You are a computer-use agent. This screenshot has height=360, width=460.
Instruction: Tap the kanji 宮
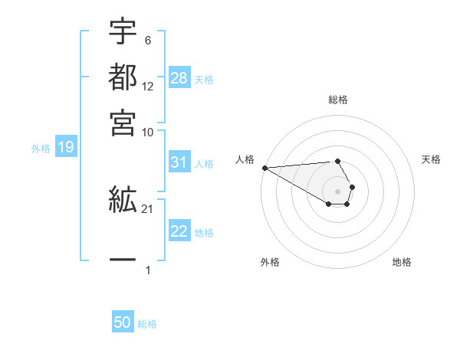pos(123,122)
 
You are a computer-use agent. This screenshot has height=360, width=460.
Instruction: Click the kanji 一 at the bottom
pos(123,261)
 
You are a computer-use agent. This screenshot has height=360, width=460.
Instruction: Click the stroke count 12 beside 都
pos(148,86)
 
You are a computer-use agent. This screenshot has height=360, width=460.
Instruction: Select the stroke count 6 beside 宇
pos(147,40)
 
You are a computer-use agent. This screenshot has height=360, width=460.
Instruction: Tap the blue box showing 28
pos(179,78)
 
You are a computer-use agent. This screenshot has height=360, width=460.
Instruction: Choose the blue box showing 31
pos(179,162)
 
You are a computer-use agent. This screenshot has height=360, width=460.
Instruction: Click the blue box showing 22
pos(179,231)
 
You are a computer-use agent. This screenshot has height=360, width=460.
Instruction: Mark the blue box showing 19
pos(65,147)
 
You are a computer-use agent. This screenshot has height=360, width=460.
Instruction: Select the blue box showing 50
pos(123,322)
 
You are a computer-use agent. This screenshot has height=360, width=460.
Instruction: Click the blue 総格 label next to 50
pos(147,324)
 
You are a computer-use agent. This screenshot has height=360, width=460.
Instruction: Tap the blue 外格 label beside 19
pos(40,149)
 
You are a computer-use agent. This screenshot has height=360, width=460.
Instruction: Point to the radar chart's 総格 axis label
pos(338,100)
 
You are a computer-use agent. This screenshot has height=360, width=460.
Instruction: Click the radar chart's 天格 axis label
pos(431,159)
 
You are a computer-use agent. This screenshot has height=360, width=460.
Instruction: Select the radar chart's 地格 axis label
pos(402,262)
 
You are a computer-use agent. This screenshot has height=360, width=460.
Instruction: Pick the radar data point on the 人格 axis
pos(264,168)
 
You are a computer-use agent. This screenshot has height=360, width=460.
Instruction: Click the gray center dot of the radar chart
pos(338,190)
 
